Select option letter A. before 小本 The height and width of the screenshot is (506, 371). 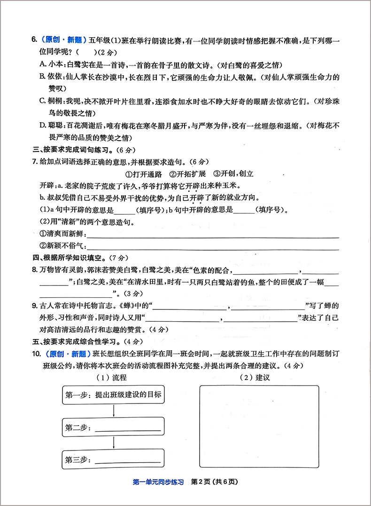(x=43, y=64)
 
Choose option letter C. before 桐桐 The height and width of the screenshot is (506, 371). (x=43, y=101)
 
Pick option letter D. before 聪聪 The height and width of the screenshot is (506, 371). (x=43, y=126)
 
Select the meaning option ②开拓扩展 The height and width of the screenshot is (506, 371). (x=188, y=173)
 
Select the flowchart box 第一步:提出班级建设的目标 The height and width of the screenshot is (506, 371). (x=113, y=395)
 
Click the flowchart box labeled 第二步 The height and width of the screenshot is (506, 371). (x=113, y=428)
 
